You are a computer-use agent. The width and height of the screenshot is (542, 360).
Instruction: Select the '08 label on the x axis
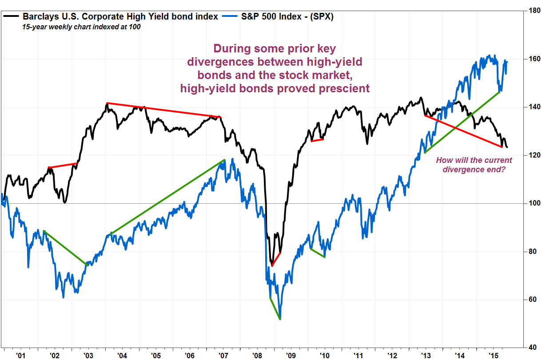pyautogui.click(x=257, y=355)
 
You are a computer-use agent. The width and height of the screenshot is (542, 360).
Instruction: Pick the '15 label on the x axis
pyautogui.click(x=493, y=355)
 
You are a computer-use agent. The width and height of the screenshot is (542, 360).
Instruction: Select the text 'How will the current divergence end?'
pyautogui.click(x=474, y=165)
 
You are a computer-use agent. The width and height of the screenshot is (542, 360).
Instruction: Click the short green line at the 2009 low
pyautogui.click(x=275, y=308)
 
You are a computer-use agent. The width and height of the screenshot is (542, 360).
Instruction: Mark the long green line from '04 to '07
pyautogui.click(x=167, y=197)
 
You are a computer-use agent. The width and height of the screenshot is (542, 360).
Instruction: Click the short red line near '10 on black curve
pyautogui.click(x=317, y=140)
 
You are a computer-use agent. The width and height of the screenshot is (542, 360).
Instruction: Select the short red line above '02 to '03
pyautogui.click(x=63, y=166)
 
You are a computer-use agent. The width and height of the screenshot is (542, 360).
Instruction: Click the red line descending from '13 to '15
pyautogui.click(x=463, y=131)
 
